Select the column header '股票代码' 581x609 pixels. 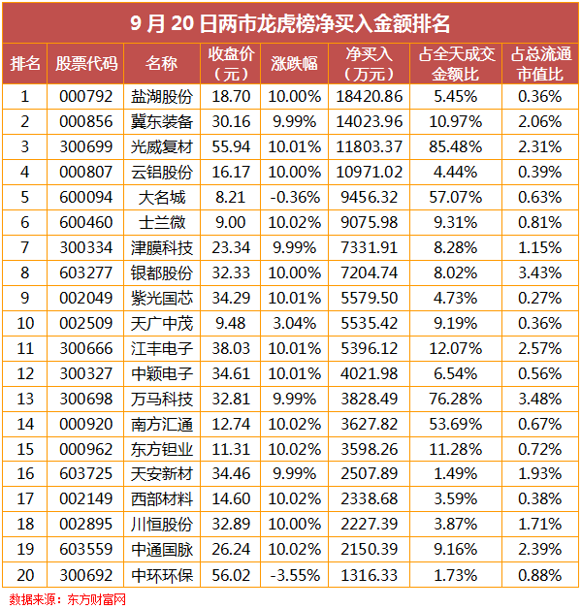click(x=86, y=64)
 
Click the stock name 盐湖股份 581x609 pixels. click(x=162, y=97)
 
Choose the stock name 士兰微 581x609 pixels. click(x=162, y=222)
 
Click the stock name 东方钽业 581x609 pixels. click(x=162, y=449)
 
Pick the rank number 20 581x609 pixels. click(x=25, y=575)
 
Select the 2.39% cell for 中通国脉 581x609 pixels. click(x=539, y=550)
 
